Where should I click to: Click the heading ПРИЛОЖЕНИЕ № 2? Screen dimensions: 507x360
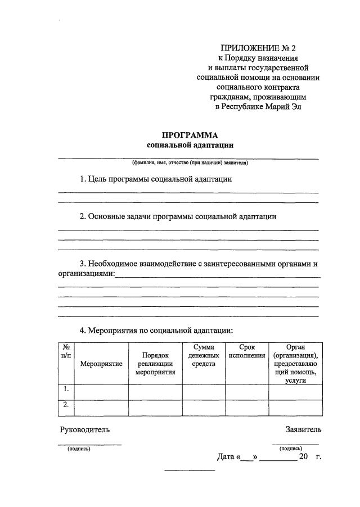[x=258, y=48]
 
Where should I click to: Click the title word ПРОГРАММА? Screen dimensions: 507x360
[x=190, y=135]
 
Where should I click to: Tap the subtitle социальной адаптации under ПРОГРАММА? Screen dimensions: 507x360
[x=190, y=145]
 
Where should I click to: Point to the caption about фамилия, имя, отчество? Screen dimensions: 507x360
[x=190, y=164]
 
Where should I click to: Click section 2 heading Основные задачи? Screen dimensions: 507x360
[x=178, y=216]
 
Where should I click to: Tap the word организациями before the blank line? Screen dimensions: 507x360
[x=86, y=274]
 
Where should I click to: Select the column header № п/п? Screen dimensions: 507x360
[x=66, y=352]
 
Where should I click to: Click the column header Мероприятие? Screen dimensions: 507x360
[x=101, y=364]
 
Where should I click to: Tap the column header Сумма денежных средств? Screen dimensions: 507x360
[x=204, y=356]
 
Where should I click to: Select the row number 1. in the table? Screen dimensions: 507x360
[x=66, y=389]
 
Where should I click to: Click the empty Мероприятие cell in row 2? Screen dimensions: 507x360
[x=101, y=407]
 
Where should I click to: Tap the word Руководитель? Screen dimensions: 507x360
[x=85, y=430]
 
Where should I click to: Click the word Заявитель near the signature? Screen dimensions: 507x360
[x=303, y=430]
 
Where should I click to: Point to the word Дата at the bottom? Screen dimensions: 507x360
[x=225, y=456]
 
